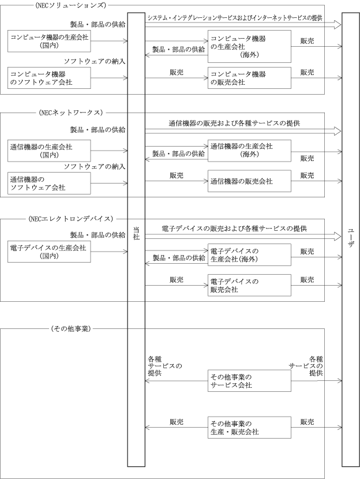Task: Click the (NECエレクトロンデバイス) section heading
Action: click(70, 219)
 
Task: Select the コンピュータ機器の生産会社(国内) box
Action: click(48, 42)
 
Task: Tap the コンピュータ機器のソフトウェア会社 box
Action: click(49, 78)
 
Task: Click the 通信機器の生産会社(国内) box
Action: click(48, 151)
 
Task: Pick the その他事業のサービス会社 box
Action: click(249, 381)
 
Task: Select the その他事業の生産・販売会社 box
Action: click(249, 428)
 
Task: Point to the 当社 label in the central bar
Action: click(136, 233)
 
